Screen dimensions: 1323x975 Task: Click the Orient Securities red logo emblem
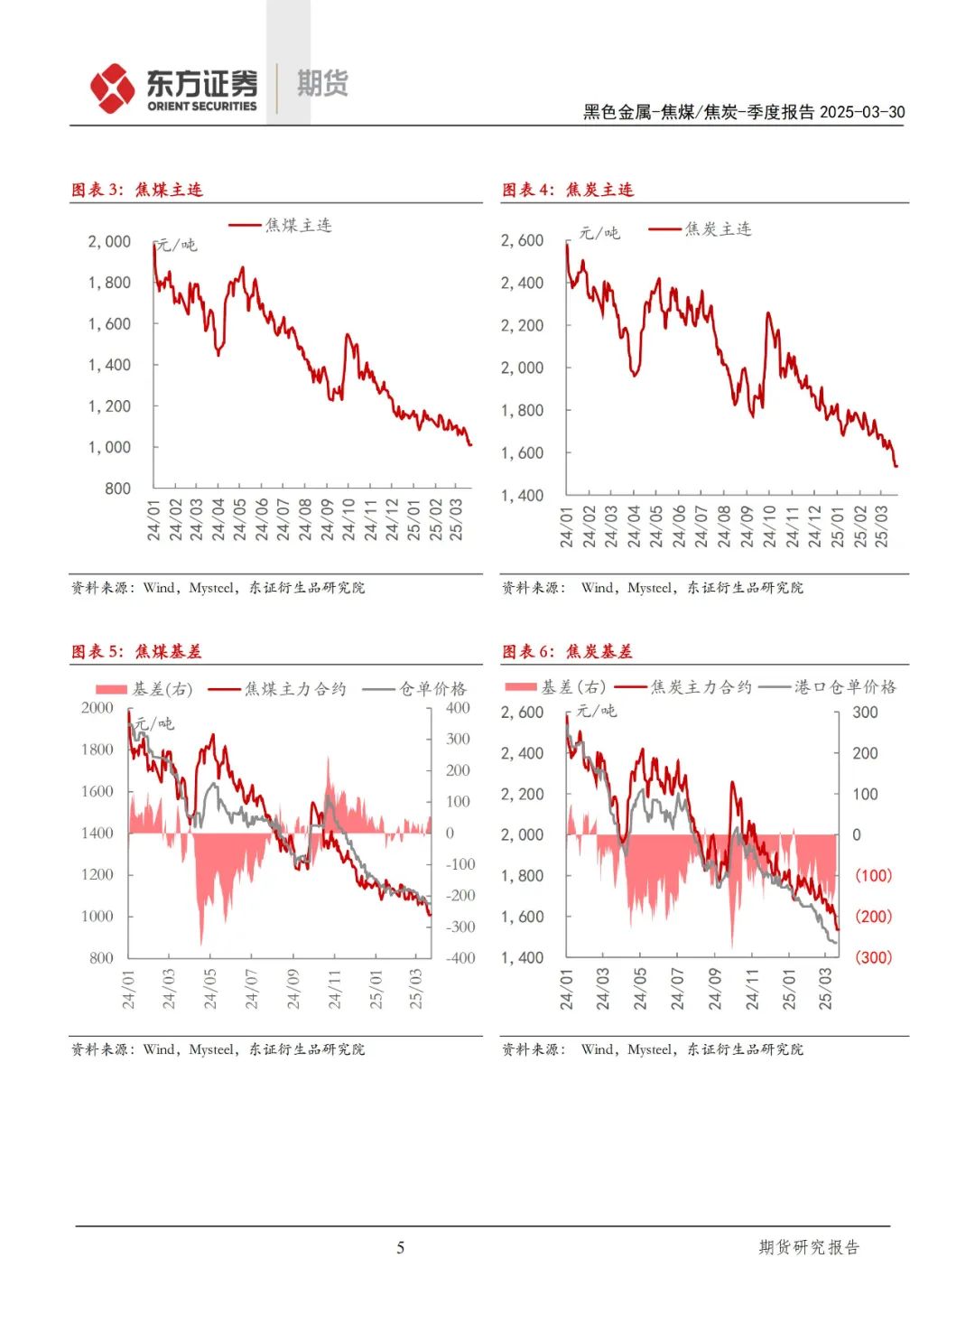pos(113,89)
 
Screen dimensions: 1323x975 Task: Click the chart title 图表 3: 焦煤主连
pos(137,190)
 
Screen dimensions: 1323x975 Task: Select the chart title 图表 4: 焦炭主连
pos(568,190)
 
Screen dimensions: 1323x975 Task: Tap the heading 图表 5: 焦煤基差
pos(137,651)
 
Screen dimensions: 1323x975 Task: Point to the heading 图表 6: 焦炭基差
pos(568,651)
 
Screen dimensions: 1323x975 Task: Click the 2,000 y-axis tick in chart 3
pos(109,242)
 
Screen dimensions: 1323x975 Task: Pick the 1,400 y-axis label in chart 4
pos(522,495)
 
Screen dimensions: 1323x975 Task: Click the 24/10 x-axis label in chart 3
pos(349,519)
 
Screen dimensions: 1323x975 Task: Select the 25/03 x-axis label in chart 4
pos(882,526)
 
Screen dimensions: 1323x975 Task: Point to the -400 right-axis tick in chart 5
pos(460,958)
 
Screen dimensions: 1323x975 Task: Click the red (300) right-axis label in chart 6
pos(873,957)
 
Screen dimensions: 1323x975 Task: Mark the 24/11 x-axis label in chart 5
pos(335,990)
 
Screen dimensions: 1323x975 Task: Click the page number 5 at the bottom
pos(401,1248)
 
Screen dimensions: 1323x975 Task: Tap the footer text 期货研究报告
pos(809,1247)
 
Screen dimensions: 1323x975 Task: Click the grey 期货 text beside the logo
pos(322,84)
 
